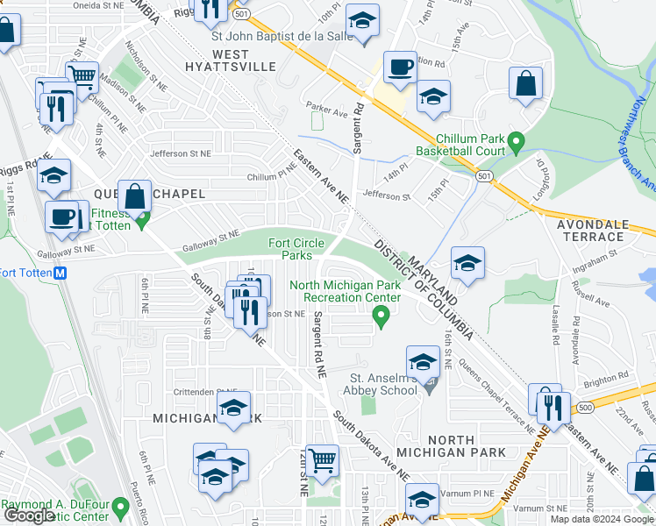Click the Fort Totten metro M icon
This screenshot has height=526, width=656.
click(61, 273)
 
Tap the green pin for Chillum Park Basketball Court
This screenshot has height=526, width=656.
click(517, 140)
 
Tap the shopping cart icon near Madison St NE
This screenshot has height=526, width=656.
click(82, 77)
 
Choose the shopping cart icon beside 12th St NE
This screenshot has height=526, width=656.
click(324, 458)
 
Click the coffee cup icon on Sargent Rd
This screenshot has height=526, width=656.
click(400, 67)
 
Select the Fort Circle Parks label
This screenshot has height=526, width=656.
click(296, 249)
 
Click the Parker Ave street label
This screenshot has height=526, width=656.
click(322, 108)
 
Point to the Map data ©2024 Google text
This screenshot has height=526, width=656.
click(602, 519)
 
